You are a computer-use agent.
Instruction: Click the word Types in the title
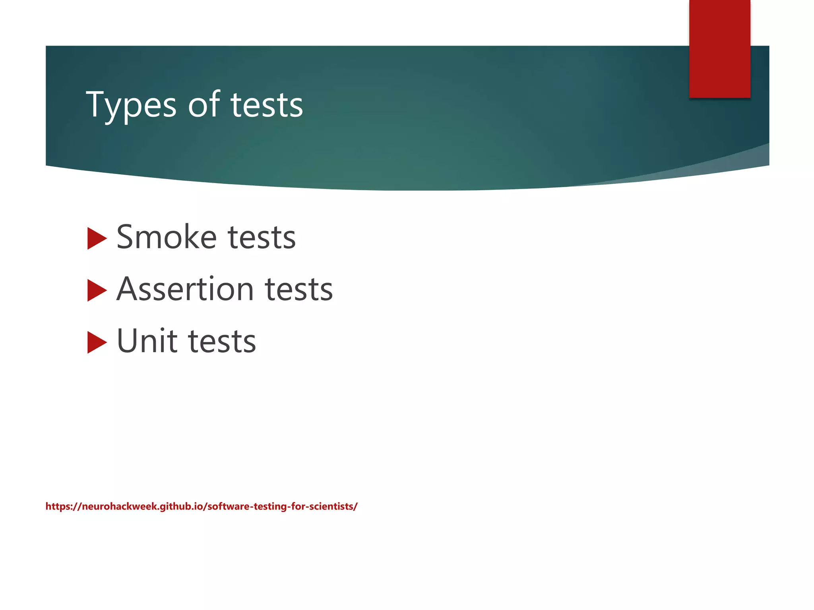pos(131,105)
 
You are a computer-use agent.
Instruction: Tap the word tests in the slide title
pos(267,105)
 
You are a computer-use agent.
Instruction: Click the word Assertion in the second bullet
pos(185,289)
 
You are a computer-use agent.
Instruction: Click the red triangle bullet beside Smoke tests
pos(96,238)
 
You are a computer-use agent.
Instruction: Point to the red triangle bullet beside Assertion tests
pos(96,290)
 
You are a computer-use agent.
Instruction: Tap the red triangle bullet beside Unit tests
pos(96,342)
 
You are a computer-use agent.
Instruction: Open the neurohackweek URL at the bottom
pos(201,506)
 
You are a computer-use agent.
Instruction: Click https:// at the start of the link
pos(63,506)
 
